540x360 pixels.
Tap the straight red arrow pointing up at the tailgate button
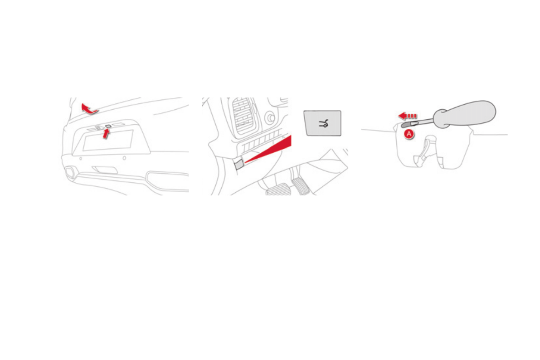[106, 134]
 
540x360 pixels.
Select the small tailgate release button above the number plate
[108, 126]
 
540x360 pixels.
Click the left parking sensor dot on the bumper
[81, 159]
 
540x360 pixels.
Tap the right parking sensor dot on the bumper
[124, 159]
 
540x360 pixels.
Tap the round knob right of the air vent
[270, 118]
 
